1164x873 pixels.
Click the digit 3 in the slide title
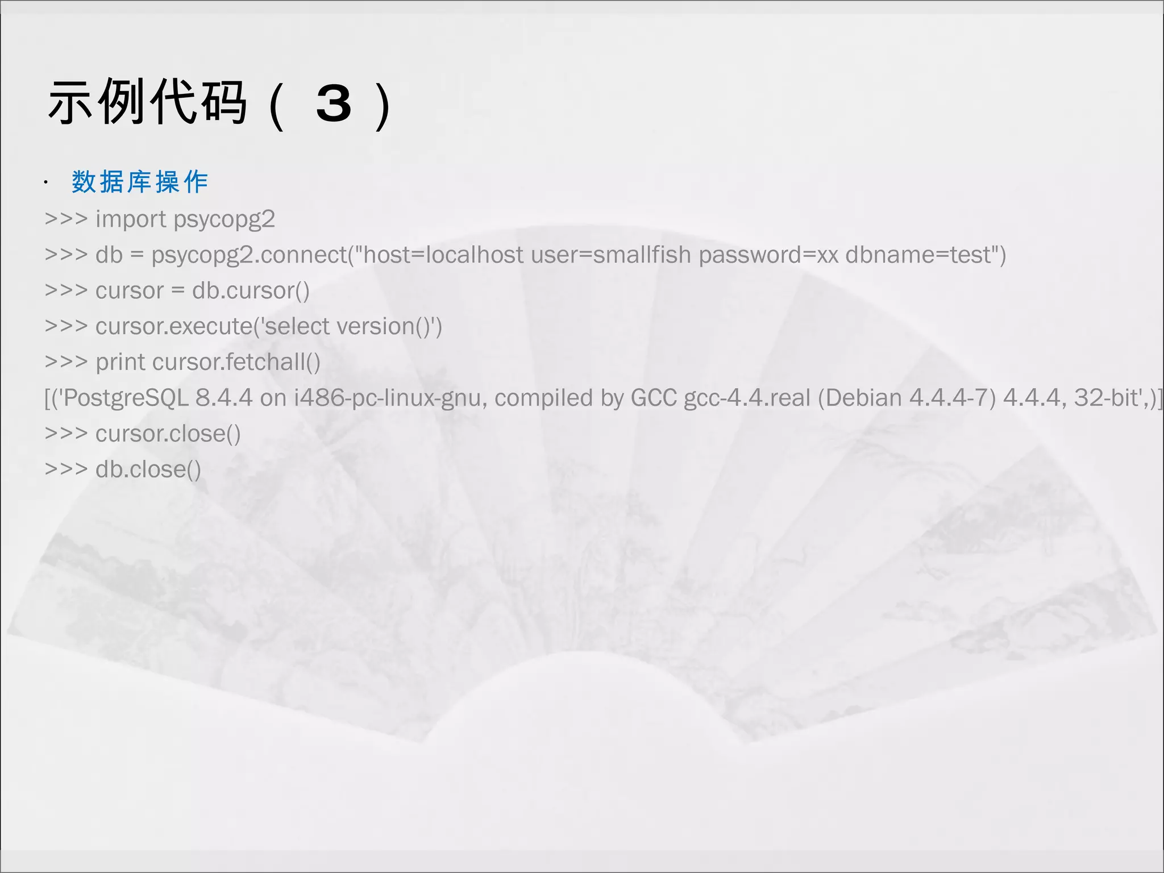click(x=334, y=104)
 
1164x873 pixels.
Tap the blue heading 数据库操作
click(x=140, y=182)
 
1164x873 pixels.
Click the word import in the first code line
click(x=131, y=219)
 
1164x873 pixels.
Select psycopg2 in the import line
click(x=225, y=219)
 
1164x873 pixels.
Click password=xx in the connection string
click(x=768, y=255)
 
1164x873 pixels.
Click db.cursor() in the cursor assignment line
click(x=251, y=291)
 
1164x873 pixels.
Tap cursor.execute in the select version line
click(x=173, y=327)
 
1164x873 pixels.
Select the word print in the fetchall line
click(x=120, y=363)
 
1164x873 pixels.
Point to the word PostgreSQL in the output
click(x=126, y=398)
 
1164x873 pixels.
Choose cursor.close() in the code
click(x=168, y=434)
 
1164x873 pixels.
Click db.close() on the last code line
click(x=148, y=469)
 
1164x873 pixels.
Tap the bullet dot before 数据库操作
click(x=45, y=183)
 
